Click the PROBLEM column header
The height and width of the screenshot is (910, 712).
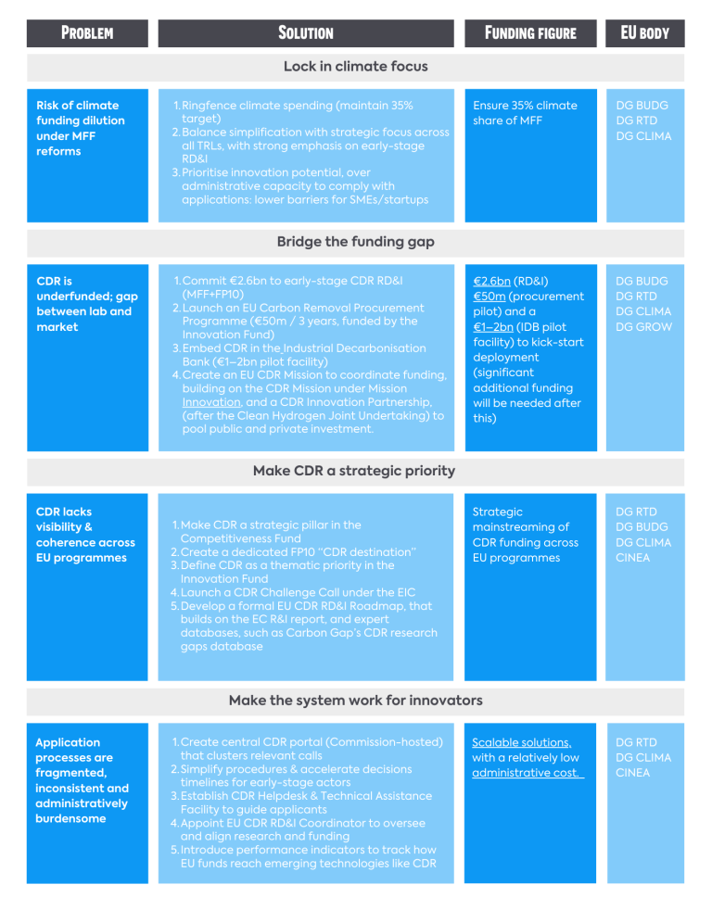click(x=87, y=33)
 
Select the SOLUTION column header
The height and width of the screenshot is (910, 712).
click(x=306, y=33)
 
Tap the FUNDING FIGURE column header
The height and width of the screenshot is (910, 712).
click(x=530, y=33)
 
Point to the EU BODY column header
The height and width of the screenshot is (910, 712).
click(x=644, y=33)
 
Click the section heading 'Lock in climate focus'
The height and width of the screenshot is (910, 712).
click(x=355, y=67)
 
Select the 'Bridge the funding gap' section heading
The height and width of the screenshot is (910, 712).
click(x=355, y=242)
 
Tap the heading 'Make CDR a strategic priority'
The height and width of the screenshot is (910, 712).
click(x=353, y=471)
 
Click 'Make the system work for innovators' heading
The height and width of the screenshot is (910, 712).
click(x=355, y=701)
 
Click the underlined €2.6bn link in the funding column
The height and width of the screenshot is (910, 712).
click(x=492, y=282)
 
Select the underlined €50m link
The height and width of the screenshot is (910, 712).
click(x=489, y=297)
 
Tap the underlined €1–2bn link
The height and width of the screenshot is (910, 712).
click(x=493, y=327)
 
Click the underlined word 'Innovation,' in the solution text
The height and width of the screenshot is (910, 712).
click(x=211, y=402)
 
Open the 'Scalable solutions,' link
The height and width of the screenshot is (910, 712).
click(x=522, y=743)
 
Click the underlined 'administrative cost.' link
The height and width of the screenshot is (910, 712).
click(x=527, y=773)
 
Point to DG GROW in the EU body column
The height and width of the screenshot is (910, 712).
click(x=643, y=327)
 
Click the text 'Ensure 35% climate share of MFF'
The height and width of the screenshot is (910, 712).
click(x=525, y=113)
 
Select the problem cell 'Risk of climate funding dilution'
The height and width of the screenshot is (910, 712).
click(x=80, y=128)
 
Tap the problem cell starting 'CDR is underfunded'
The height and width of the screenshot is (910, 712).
click(x=87, y=304)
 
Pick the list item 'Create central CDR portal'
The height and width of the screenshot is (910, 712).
click(x=307, y=749)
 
